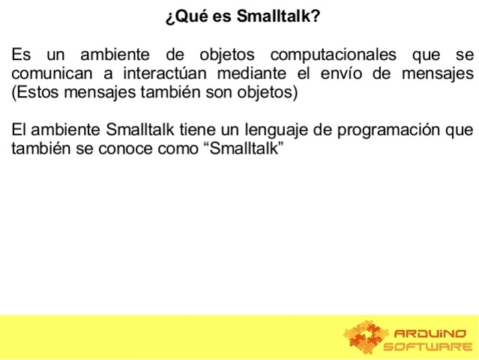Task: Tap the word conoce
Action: pos(118,148)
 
